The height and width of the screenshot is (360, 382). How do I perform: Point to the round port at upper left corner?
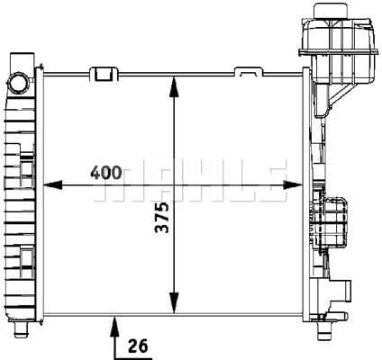[x=16, y=83]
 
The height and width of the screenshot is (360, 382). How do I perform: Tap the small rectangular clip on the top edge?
[x=105, y=72]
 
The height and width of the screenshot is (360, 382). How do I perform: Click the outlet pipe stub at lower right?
[x=340, y=291]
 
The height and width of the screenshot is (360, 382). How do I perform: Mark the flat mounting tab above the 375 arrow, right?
[x=246, y=73]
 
